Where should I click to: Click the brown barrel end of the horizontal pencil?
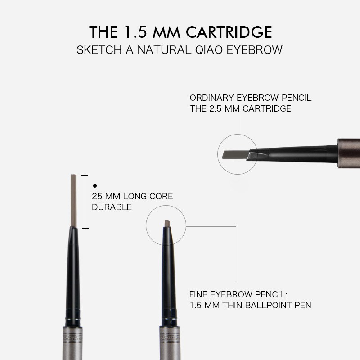348,153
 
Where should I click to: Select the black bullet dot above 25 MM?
94,185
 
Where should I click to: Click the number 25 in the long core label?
97,197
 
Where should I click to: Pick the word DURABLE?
112,207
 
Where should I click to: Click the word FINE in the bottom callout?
198,295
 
